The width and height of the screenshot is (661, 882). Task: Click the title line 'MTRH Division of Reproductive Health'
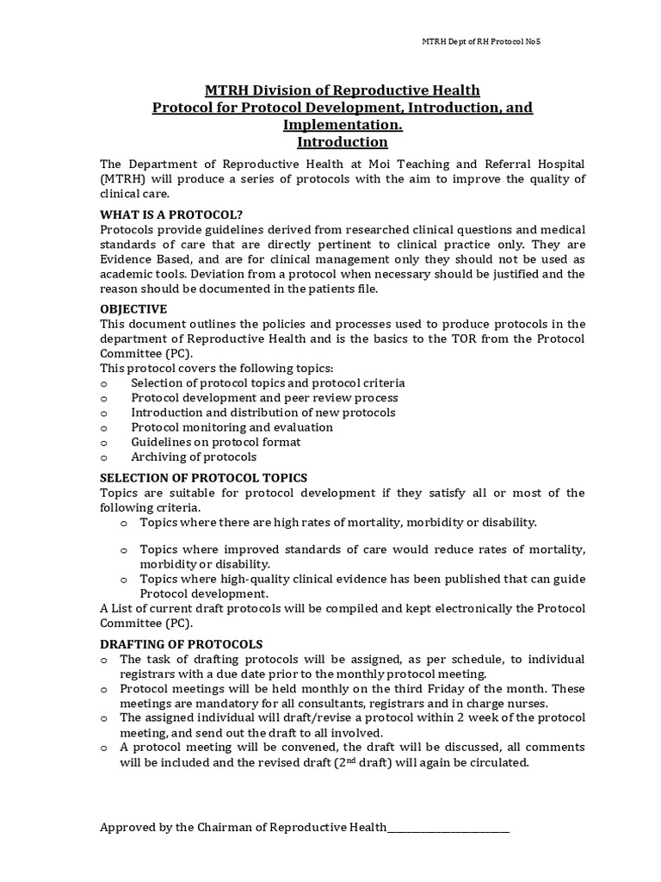coord(342,90)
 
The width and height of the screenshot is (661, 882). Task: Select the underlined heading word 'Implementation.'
coord(342,125)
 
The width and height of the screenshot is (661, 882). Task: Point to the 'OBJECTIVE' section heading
coord(133,309)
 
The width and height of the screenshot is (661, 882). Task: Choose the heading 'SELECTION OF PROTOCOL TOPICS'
coord(204,478)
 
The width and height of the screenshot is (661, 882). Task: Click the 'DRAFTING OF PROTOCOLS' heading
coord(182,644)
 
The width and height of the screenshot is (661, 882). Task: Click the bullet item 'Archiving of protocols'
coord(194,457)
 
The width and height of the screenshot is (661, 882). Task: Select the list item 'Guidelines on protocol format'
coord(216,442)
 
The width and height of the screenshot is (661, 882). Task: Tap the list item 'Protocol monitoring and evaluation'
coord(232,427)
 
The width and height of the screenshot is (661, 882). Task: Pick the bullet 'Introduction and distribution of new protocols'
coord(263,413)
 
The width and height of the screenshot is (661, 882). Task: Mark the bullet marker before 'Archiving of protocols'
coord(104,457)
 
